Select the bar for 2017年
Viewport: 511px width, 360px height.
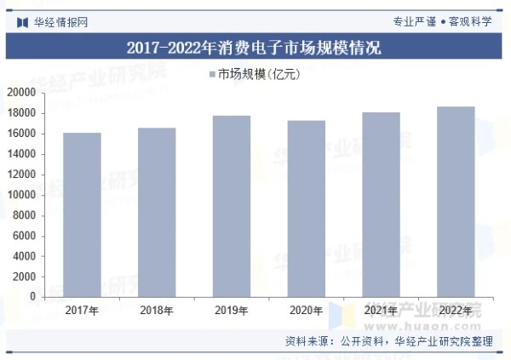(82, 214)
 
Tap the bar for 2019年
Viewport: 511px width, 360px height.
(232, 206)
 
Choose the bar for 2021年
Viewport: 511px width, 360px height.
(381, 204)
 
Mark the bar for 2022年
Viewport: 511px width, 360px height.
(456, 202)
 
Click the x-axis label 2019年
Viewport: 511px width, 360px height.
(232, 310)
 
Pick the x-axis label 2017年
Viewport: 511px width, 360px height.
(82, 310)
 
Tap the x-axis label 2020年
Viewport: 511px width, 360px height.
(306, 310)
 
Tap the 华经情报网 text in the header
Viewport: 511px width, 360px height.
(60, 21)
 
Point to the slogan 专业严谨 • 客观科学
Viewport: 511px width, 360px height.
(442, 21)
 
